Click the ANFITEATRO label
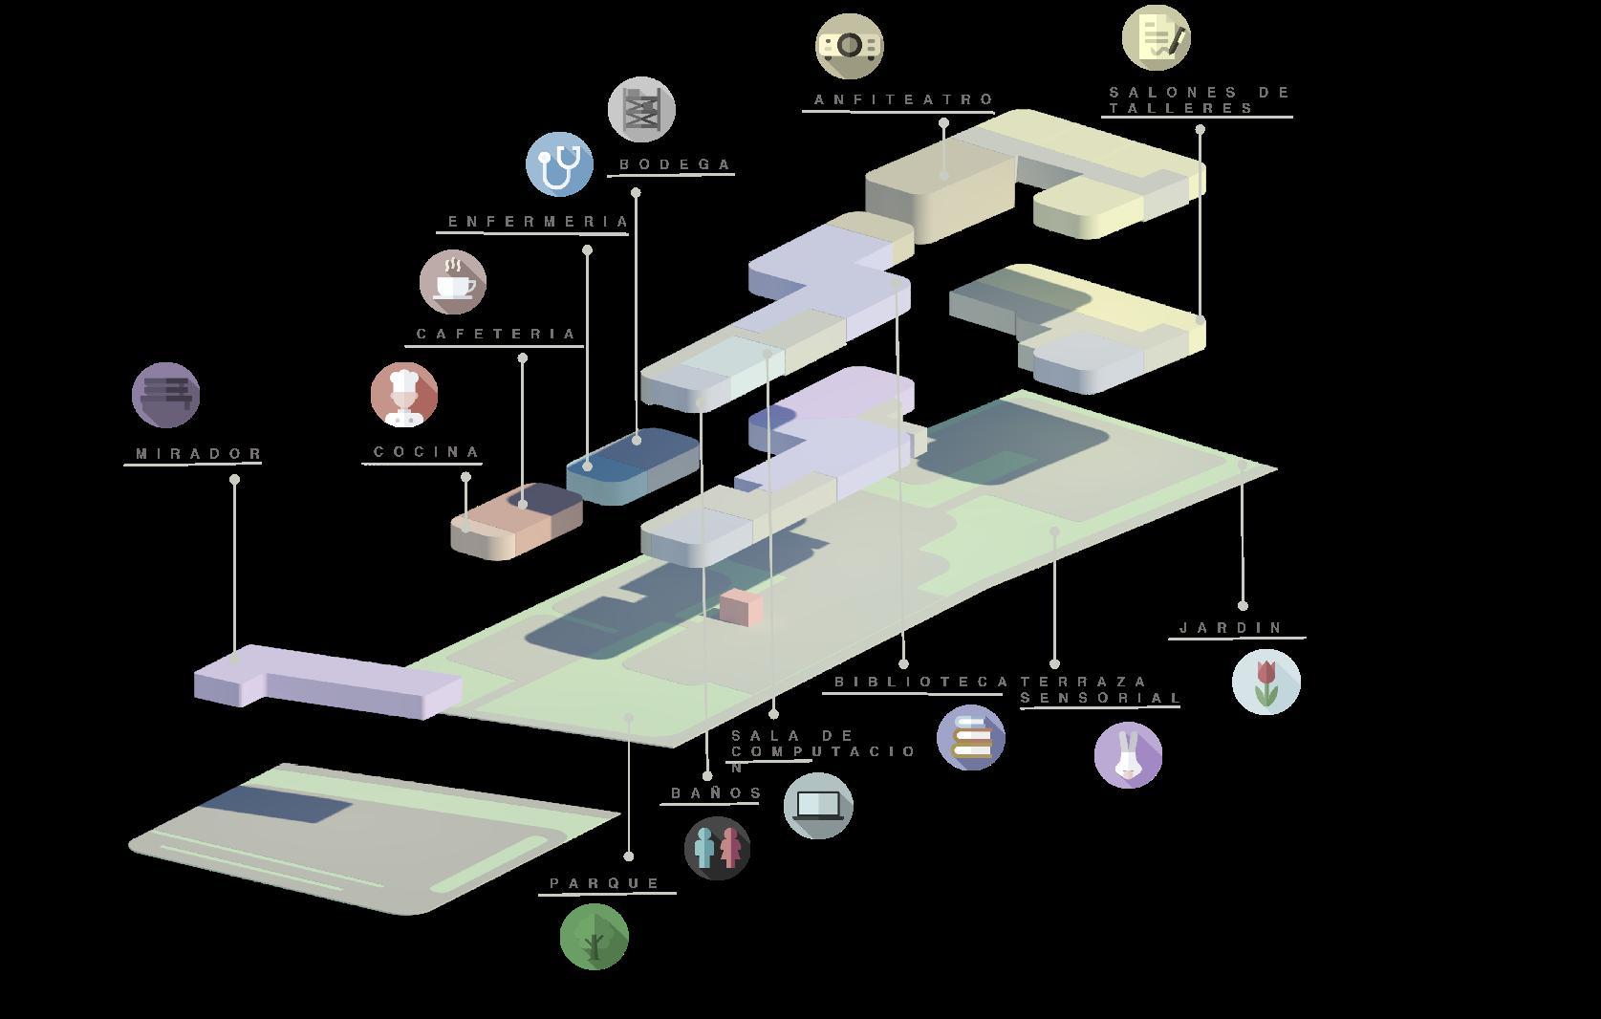tap(903, 99)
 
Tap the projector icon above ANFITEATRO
tap(849, 45)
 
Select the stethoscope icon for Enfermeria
tap(559, 164)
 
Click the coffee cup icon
tap(453, 282)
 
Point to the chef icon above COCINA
tap(404, 394)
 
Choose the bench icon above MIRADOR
tap(166, 394)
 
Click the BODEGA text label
tap(675, 164)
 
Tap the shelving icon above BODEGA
tap(641, 110)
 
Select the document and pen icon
tap(1157, 37)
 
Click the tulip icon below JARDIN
tap(1266, 682)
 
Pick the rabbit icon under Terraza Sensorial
tap(1128, 754)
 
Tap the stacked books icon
tap(971, 737)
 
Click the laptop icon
tap(818, 805)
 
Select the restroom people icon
tap(717, 848)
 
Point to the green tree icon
tap(595, 937)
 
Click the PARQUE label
tap(605, 883)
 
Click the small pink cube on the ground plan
tap(741, 607)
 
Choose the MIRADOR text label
tap(199, 454)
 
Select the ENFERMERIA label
tap(538, 222)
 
